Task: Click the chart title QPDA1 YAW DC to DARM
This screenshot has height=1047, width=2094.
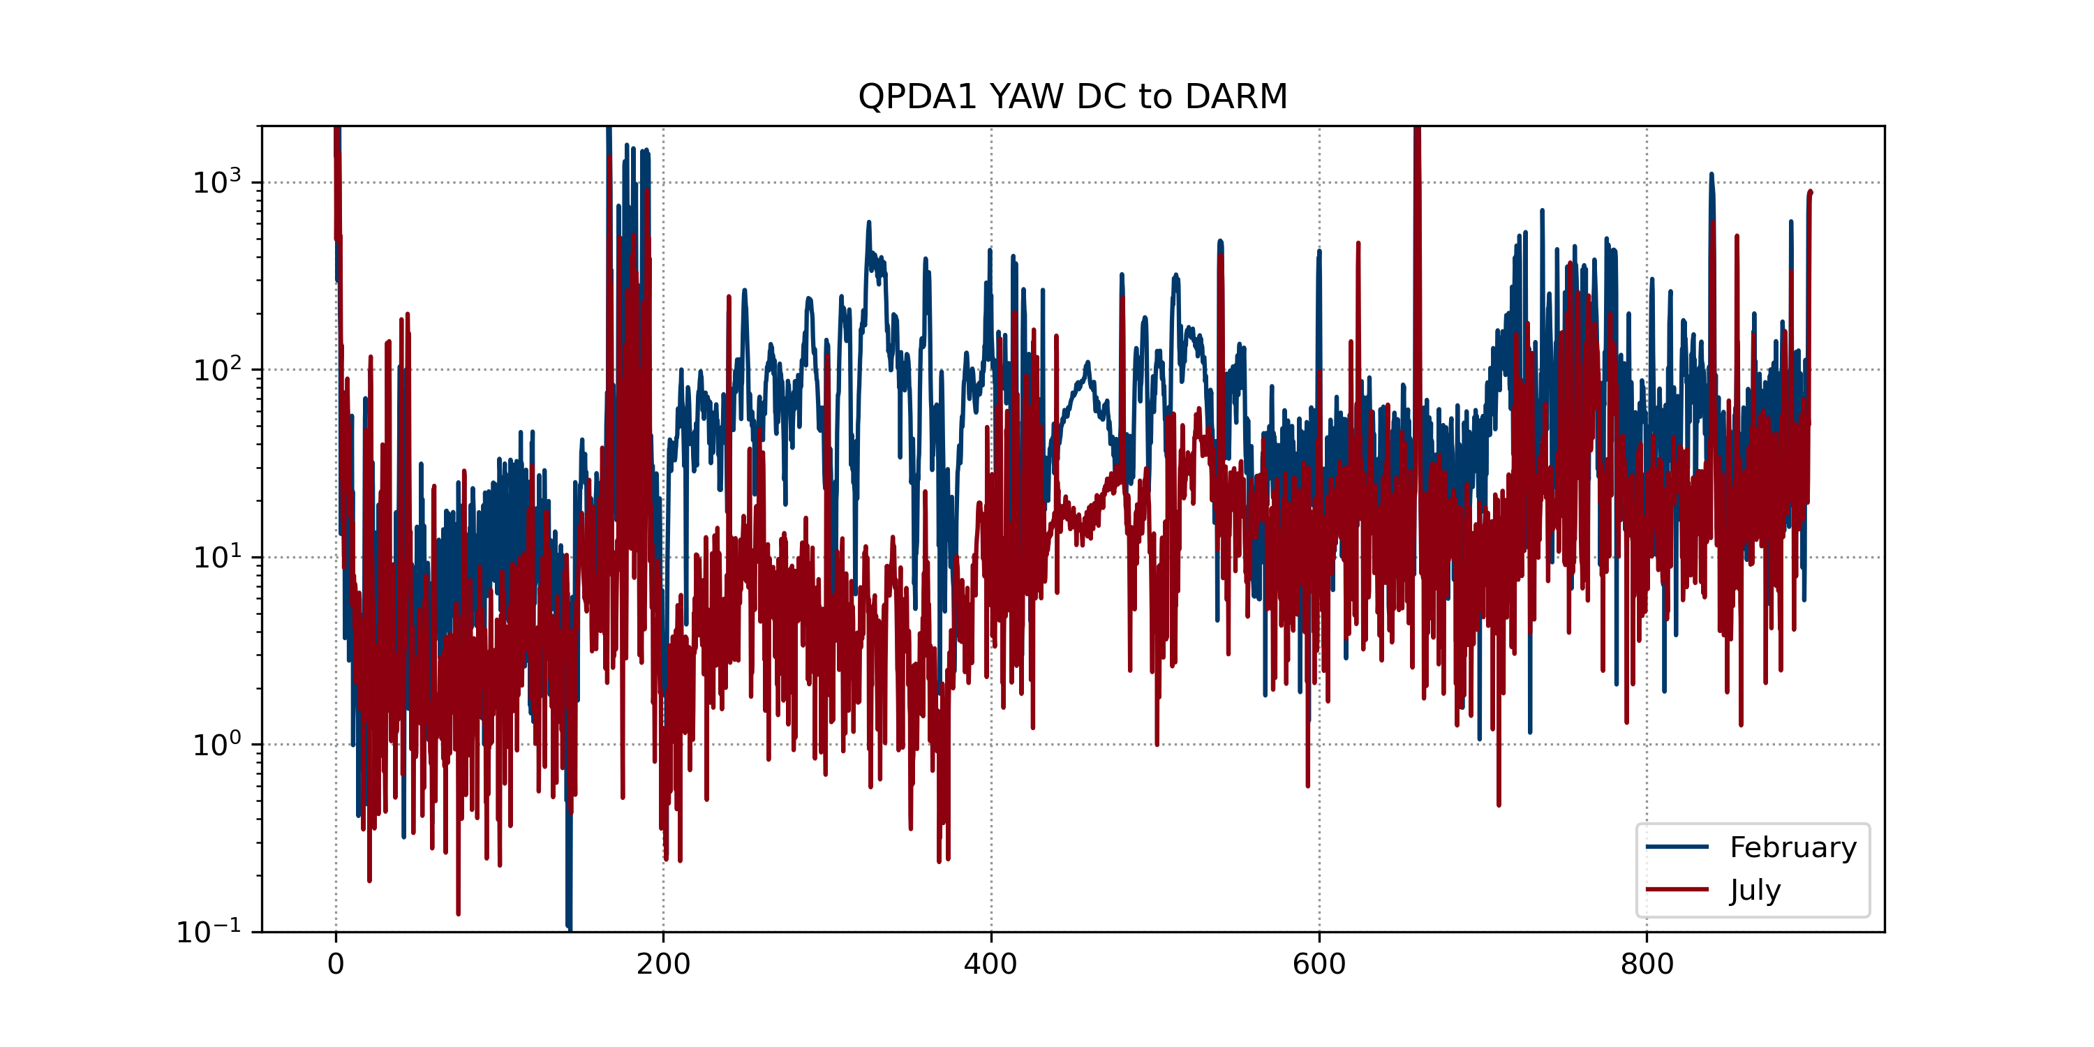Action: pos(1072,97)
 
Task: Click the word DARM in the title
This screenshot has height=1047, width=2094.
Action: pos(1235,97)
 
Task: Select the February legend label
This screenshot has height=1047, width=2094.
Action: pos(1792,848)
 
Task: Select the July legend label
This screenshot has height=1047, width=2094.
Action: pos(1755,890)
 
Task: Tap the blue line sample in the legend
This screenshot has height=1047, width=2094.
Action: pos(1677,847)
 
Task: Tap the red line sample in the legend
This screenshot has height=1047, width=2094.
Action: pos(1677,889)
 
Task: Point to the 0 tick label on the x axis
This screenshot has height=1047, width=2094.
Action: pos(336,964)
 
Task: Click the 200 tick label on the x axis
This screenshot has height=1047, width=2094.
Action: pos(663,964)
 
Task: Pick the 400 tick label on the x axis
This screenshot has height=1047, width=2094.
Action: pos(991,964)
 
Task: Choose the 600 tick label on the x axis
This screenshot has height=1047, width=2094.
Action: pos(1319,964)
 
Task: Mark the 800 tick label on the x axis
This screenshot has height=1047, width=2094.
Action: pos(1647,964)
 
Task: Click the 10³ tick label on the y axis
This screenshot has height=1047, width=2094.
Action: pos(216,182)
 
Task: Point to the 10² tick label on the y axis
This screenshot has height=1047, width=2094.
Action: pos(216,370)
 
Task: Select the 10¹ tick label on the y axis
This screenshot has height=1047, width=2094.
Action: pos(216,557)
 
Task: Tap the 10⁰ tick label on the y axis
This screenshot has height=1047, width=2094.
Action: pos(216,745)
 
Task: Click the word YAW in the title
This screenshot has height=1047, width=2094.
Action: pos(1026,97)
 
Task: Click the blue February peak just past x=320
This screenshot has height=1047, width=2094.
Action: pos(868,223)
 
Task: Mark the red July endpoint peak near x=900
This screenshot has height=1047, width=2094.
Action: pos(1809,193)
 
